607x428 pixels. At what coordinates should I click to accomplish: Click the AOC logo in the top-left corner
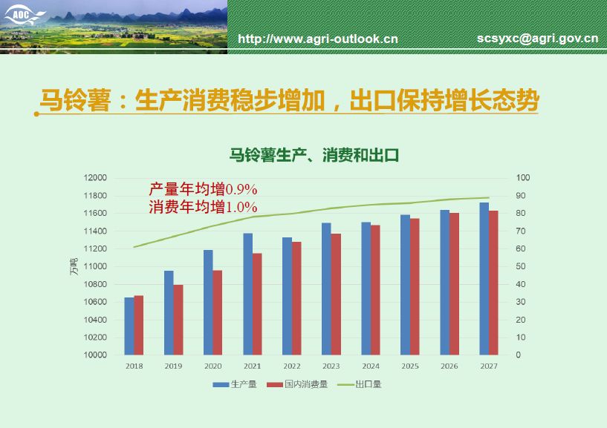point(24,16)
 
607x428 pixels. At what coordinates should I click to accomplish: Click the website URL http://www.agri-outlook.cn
point(318,39)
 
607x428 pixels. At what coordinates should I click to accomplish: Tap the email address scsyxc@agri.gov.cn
point(538,39)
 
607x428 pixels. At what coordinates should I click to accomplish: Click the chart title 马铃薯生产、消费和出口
point(314,156)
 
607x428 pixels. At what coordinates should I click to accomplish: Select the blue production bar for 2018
point(129,326)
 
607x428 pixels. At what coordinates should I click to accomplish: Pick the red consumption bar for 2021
point(257,304)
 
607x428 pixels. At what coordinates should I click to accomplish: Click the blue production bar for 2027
point(484,279)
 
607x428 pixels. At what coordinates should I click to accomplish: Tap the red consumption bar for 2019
point(178,320)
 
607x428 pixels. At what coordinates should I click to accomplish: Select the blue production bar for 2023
point(326,289)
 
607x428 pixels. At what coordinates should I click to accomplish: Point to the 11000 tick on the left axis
point(95,266)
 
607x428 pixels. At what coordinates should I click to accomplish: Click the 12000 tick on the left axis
point(95,178)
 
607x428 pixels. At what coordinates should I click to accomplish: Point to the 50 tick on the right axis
point(521,266)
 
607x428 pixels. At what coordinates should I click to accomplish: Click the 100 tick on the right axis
point(522,178)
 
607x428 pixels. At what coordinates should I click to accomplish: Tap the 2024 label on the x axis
point(371,366)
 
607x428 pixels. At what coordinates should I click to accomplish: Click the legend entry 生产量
point(235,384)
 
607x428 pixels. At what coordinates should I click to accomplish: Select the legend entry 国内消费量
point(297,384)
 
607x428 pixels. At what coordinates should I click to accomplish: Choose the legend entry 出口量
point(360,384)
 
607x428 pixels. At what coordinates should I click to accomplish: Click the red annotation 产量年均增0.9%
point(203,189)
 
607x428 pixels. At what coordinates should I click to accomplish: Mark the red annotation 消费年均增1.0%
point(203,207)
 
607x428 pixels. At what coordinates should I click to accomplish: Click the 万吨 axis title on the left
point(74,266)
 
